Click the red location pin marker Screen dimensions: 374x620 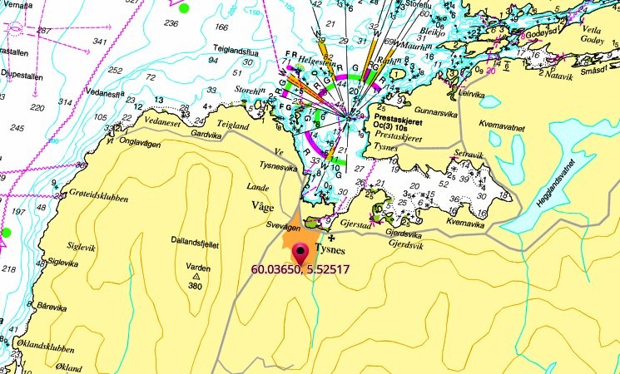pos(300,252)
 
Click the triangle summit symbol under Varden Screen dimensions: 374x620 pos(196,276)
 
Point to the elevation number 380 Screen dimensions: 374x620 pos(196,287)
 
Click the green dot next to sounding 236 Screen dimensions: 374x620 pos(184,8)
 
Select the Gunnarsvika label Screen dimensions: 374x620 pos(406,109)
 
